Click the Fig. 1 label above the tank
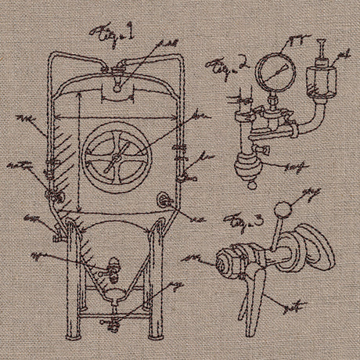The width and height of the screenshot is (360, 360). tap(115, 33)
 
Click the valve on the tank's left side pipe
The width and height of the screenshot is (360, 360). tap(54, 189)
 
